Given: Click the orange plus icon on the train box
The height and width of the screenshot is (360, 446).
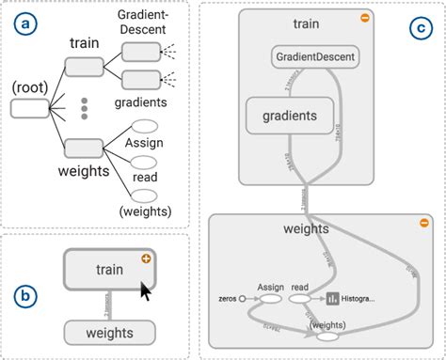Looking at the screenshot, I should coord(146,258).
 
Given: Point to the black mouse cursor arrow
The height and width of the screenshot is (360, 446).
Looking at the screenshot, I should coord(146,294).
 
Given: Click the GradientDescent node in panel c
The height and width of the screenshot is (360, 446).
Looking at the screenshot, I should coord(315,58).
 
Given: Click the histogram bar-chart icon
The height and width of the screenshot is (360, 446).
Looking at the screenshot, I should coord(332,299).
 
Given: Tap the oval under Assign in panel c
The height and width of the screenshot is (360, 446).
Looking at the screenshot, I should coord(269,299).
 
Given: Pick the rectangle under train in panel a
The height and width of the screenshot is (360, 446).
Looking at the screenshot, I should coord(83,65).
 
